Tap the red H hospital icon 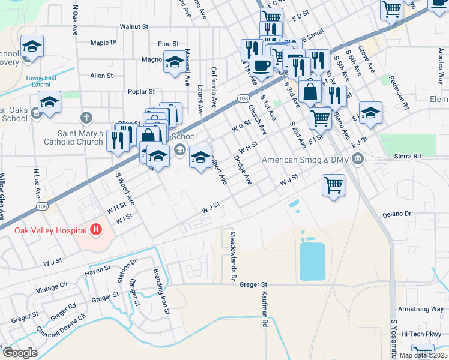pyautogui.click(x=95, y=230)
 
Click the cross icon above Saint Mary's pyautogui.click(x=86, y=117)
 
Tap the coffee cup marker pyautogui.click(x=261, y=65)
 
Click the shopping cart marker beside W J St pyautogui.click(x=333, y=185)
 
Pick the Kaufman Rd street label pyautogui.click(x=264, y=309)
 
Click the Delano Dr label pyautogui.click(x=396, y=214)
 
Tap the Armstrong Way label pyautogui.click(x=421, y=309)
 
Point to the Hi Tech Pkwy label pyautogui.click(x=421, y=334)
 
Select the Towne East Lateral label pyautogui.click(x=38, y=81)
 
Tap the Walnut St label pyautogui.click(x=133, y=27)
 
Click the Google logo pyautogui.click(x=20, y=353)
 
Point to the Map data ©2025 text pyautogui.click(x=423, y=355)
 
